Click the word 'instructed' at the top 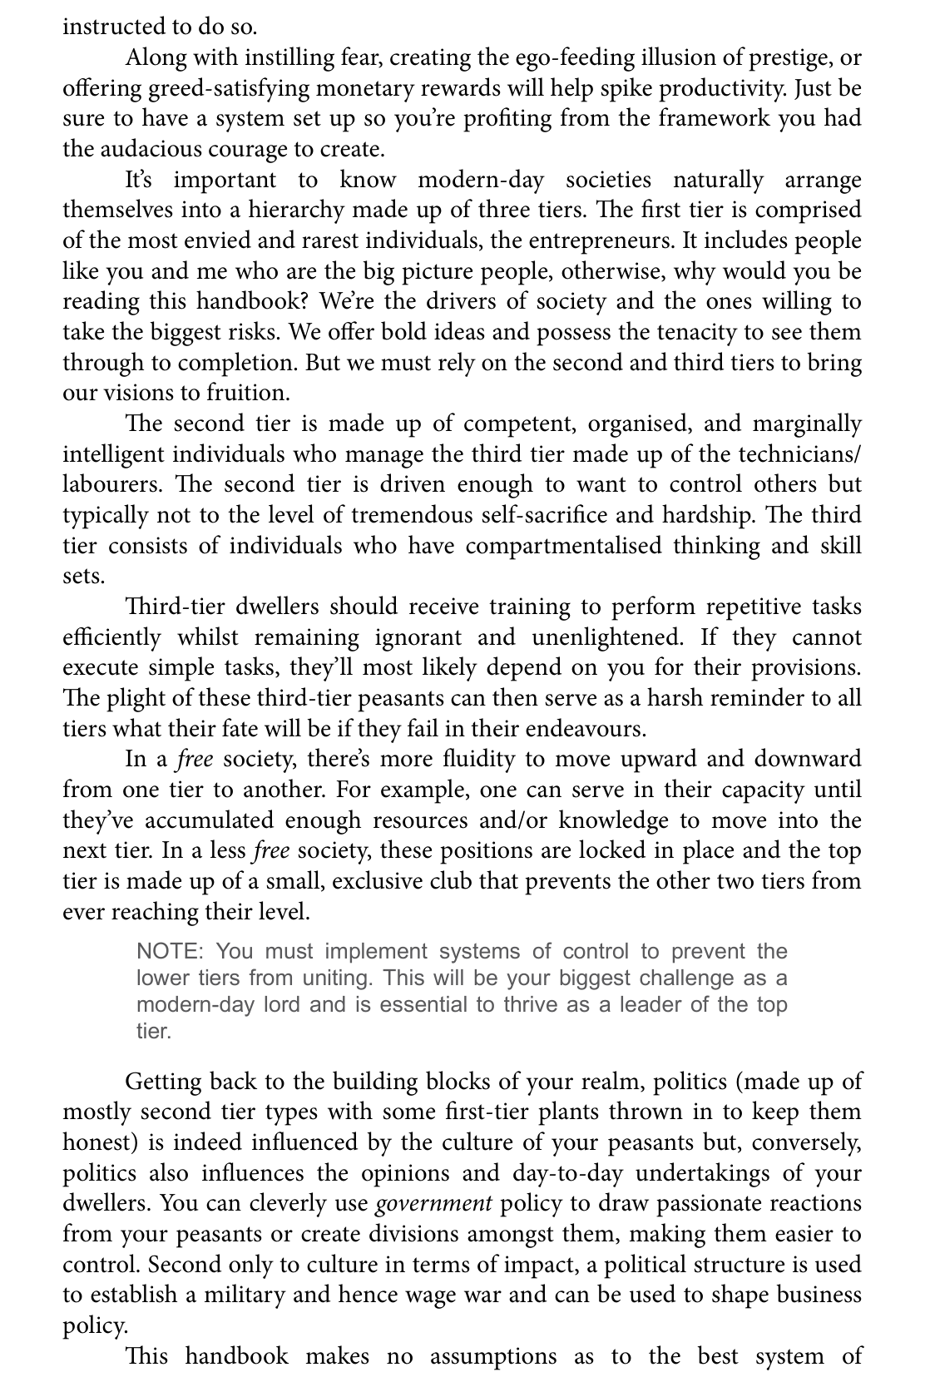[x=108, y=27]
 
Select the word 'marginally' [x=807, y=424]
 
